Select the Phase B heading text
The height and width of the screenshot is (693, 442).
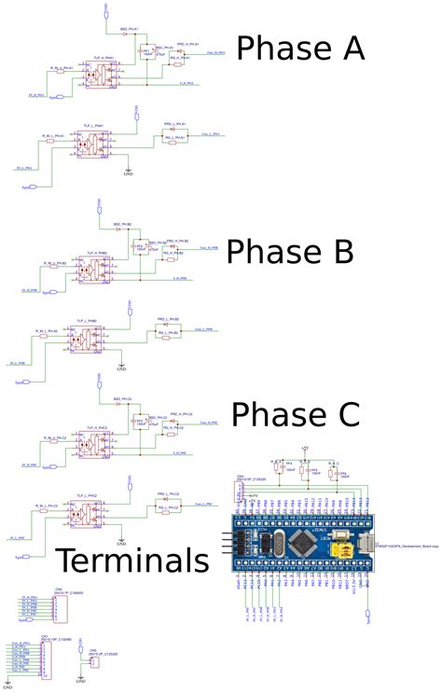(290, 251)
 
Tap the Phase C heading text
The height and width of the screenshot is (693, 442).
(296, 414)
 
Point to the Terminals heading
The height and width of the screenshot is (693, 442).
(131, 560)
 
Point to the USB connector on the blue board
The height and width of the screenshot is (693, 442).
(359, 544)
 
